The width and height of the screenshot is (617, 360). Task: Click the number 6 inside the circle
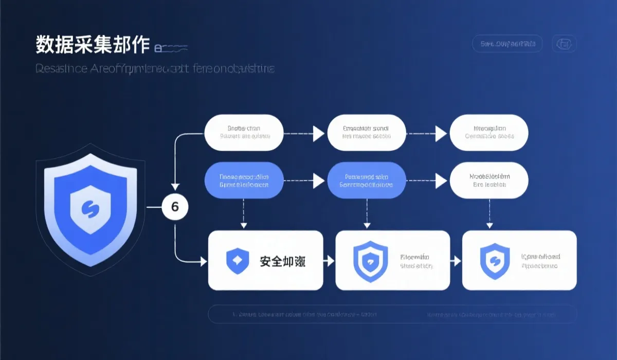tap(175, 207)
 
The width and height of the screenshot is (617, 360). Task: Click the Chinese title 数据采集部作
tap(93, 45)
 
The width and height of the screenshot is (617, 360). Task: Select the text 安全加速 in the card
tap(282, 261)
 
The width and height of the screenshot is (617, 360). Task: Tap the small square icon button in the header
tap(564, 44)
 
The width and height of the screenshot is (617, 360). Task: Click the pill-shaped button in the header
tap(507, 44)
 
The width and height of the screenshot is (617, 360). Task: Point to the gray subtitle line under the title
tap(155, 69)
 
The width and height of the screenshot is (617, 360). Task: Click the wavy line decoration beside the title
tap(172, 49)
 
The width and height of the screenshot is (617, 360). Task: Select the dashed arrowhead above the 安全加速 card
tap(244, 225)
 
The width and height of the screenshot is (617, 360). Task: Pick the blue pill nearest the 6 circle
tap(244, 180)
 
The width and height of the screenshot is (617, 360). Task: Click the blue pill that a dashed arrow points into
tap(367, 180)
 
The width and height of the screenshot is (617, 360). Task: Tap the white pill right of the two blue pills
tap(488, 180)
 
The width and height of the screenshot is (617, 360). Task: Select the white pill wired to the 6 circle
tap(244, 133)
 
